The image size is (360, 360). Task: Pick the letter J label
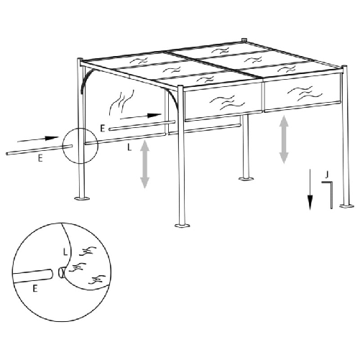tap(327, 174)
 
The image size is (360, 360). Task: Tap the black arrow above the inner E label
tap(140, 115)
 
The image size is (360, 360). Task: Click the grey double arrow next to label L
tap(145, 165)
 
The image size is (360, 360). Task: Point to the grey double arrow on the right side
tap(285, 138)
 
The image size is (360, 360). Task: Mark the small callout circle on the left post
tap(78, 145)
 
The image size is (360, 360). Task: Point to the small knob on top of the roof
tap(244, 41)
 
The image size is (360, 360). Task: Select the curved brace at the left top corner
tap(86, 80)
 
